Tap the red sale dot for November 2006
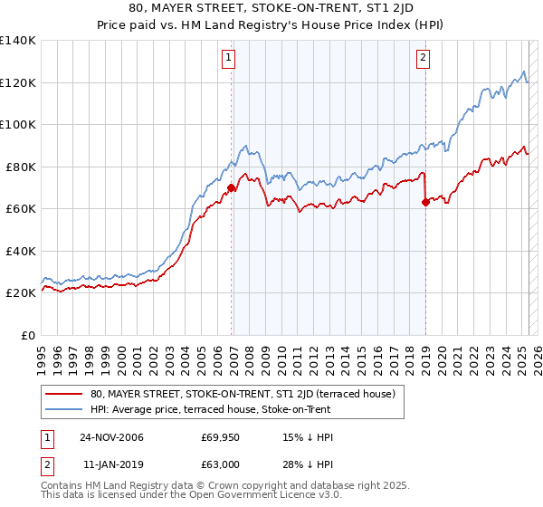[232, 188]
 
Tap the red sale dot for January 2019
[425, 203]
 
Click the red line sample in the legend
[63, 395]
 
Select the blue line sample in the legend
[63, 410]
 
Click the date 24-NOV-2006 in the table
[111, 438]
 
